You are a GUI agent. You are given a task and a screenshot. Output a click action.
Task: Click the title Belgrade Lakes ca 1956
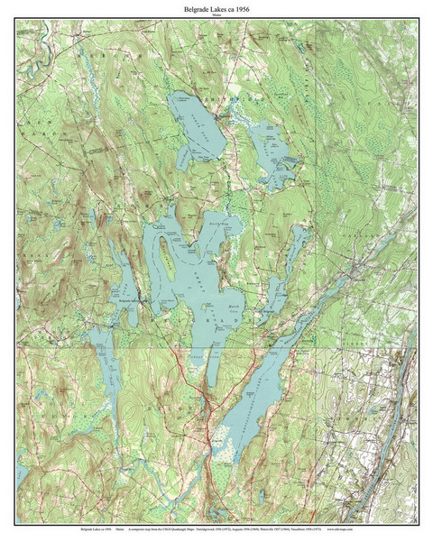pyautogui.click(x=216, y=9)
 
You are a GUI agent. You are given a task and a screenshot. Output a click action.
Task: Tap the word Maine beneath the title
pyautogui.click(x=216, y=16)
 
